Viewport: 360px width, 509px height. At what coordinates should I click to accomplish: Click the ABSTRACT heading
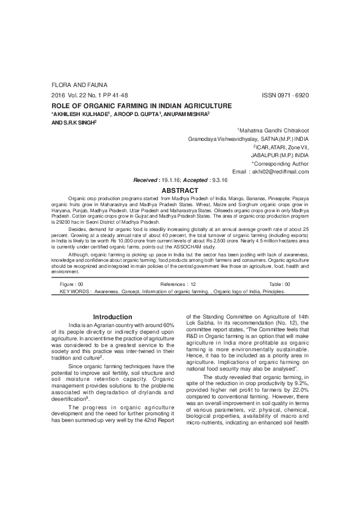pyautogui.click(x=180, y=189)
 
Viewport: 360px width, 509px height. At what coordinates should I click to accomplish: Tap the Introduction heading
pyautogui.click(x=112, y=317)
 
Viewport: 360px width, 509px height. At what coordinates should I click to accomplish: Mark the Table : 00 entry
pyautogui.click(x=280, y=284)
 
